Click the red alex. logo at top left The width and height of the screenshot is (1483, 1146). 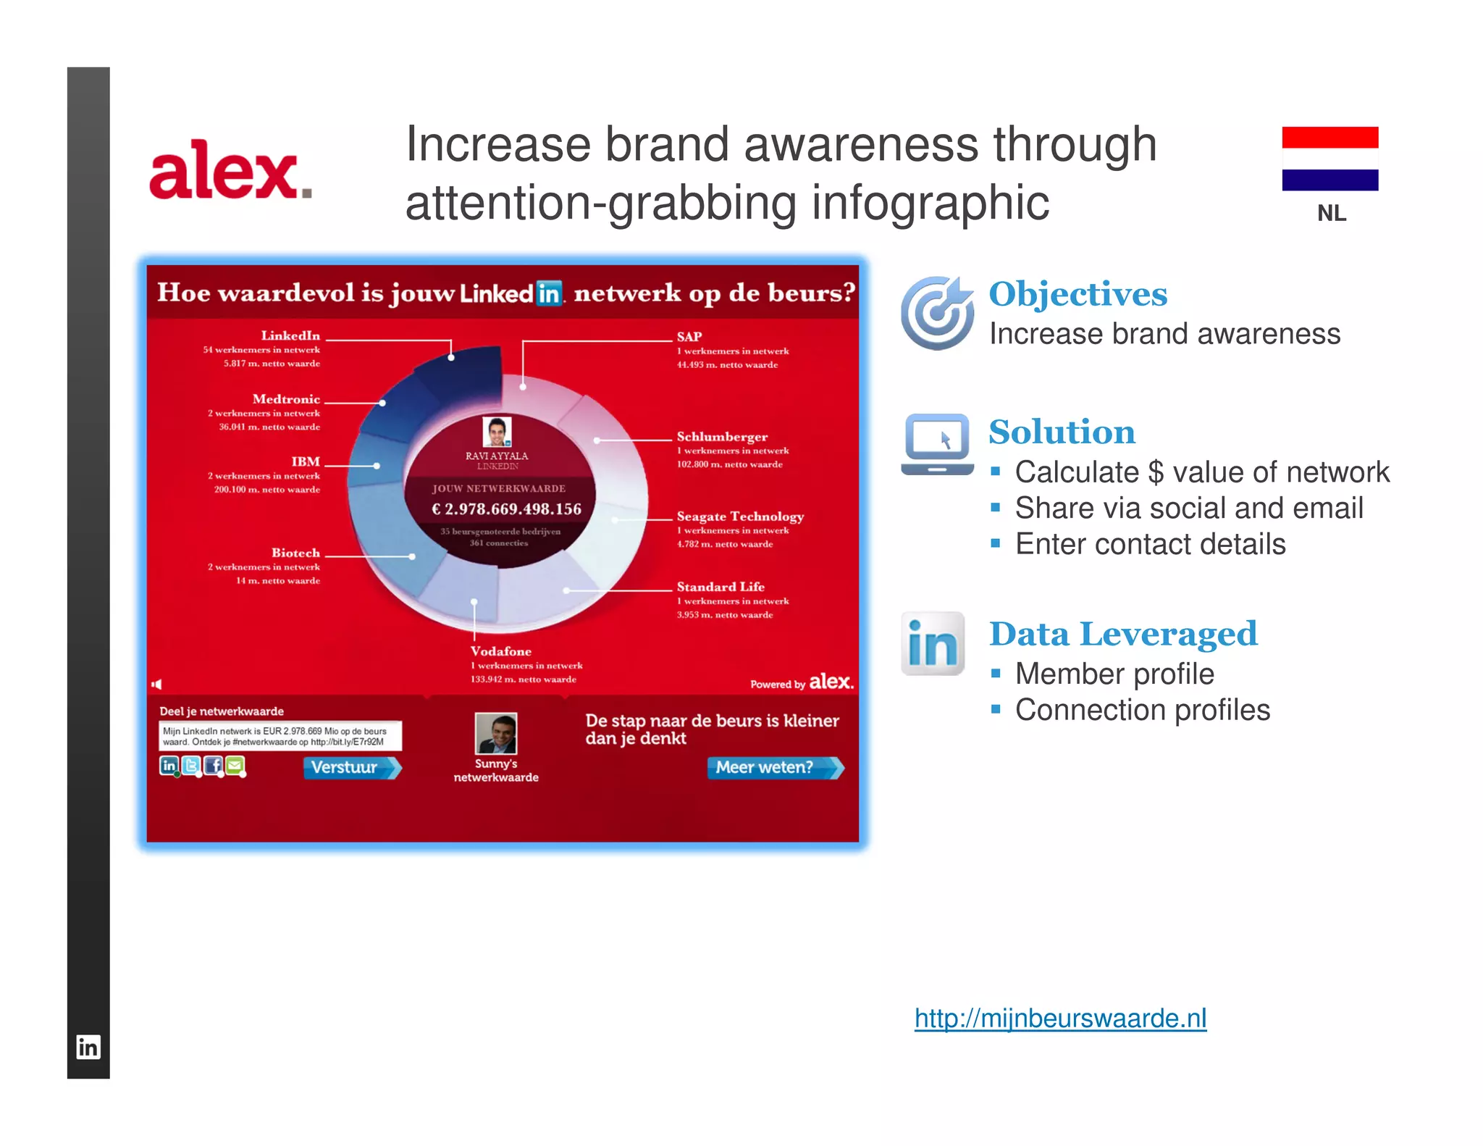point(230,170)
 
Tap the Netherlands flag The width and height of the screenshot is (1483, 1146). point(1329,159)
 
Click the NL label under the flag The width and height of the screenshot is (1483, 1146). point(1331,213)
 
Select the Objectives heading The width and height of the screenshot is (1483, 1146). point(1077,293)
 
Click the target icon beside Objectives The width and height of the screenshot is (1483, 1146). point(937,312)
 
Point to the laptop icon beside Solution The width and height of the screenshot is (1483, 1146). point(937,443)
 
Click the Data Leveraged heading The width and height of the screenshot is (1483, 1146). point(1122,634)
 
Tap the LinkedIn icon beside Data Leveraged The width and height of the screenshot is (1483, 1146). point(933,643)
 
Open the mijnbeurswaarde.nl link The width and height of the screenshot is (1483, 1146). point(1060,1018)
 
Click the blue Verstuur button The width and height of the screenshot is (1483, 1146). point(351,767)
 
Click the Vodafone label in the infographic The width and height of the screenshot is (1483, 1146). point(500,651)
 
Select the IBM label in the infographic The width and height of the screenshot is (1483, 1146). point(305,461)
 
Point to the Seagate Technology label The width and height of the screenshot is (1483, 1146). point(739,516)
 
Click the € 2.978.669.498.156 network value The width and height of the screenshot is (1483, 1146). point(506,509)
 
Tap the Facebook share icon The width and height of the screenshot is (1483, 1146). point(213,765)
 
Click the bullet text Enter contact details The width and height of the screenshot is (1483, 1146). point(1149,544)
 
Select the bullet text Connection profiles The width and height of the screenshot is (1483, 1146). point(1142,710)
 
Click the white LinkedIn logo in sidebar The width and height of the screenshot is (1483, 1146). point(88,1047)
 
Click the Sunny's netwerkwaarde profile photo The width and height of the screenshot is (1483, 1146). point(495,733)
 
